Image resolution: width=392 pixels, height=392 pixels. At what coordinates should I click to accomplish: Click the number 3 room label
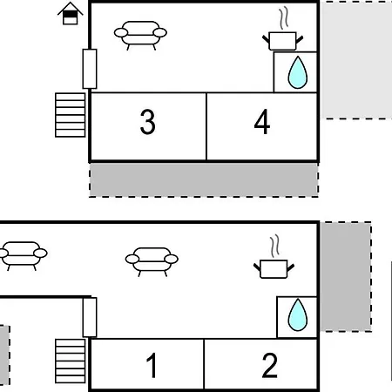147,122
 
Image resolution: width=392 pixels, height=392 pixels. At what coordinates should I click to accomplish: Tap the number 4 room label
262,122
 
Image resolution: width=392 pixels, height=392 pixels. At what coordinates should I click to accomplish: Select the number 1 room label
152,365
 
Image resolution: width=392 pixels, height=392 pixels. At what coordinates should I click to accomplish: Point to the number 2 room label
269,365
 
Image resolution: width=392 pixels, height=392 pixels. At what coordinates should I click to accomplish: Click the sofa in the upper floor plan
140,35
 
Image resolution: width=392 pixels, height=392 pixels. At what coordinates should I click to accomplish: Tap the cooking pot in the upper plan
283,41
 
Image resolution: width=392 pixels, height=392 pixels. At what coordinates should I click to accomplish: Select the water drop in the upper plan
298,72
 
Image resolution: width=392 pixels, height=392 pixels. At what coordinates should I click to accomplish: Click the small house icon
71,14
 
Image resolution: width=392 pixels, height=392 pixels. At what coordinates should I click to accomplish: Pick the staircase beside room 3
71,115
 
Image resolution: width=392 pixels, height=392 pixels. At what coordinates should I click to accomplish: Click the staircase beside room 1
71,361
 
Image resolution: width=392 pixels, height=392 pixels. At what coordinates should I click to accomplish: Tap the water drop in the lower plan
298,315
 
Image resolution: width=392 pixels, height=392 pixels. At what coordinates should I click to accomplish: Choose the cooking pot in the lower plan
274,269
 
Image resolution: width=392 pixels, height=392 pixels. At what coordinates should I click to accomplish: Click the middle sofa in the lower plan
152,261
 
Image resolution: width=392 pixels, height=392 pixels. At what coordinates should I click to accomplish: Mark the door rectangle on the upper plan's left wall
90,69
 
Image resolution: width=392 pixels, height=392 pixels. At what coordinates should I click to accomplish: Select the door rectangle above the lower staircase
90,317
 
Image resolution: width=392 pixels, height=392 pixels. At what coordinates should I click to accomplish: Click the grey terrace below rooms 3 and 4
204,179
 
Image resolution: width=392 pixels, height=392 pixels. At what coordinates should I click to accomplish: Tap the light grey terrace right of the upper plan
356,60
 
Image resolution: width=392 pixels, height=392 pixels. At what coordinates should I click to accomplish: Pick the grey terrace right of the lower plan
346,277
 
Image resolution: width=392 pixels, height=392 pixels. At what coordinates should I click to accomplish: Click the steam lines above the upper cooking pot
284,18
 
